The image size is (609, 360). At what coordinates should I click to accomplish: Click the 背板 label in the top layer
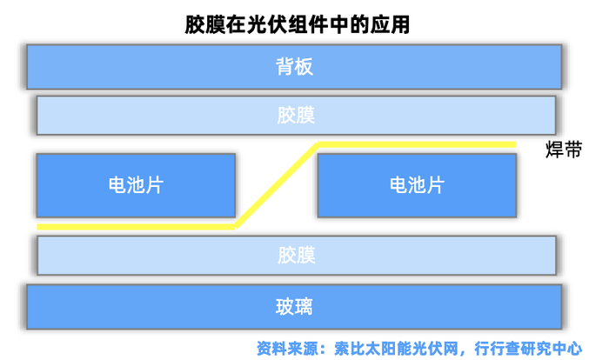[x=295, y=66]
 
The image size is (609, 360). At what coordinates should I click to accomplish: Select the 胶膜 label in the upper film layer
[x=296, y=116]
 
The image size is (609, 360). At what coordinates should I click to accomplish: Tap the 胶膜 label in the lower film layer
[x=296, y=255]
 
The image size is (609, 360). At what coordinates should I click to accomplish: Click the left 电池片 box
[x=136, y=185]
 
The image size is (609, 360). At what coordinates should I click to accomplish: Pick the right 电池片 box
[x=417, y=185]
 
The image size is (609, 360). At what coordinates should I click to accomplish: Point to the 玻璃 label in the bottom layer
[x=295, y=306]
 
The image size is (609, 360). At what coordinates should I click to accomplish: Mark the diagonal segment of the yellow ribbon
[x=277, y=185]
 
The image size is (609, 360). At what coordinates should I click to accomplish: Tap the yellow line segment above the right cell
[x=418, y=143]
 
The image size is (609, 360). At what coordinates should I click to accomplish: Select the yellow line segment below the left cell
[x=136, y=227]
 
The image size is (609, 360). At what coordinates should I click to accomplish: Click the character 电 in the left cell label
[x=117, y=185]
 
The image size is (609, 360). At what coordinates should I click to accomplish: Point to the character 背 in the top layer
[x=285, y=66]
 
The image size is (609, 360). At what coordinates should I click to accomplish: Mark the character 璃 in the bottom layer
[x=304, y=306]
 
